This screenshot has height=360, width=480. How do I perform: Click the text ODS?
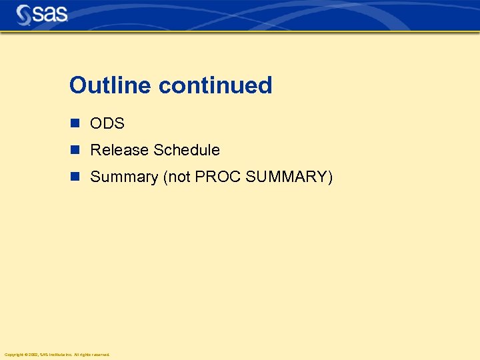pos(107,124)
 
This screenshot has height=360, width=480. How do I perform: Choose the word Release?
pos(119,150)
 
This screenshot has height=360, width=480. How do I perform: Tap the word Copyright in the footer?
pos(13,355)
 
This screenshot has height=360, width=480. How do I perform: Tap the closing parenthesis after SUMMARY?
pos(329,177)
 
